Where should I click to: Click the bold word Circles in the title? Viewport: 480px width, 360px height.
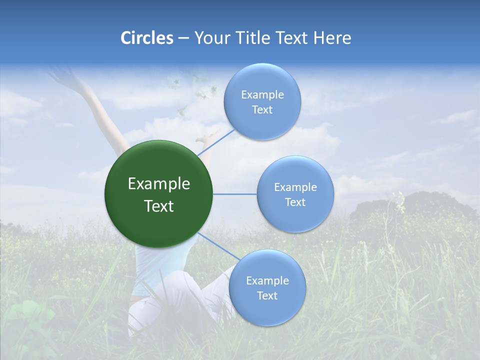146,38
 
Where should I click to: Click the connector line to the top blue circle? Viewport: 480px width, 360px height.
216,141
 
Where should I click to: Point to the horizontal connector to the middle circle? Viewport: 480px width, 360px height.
235,194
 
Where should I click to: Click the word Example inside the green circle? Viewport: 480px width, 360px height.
158,184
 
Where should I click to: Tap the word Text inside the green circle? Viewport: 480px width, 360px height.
158,206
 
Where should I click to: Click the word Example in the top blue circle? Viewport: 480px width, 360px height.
262,94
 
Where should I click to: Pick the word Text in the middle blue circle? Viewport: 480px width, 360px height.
295,202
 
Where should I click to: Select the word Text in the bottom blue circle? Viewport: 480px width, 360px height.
267,295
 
